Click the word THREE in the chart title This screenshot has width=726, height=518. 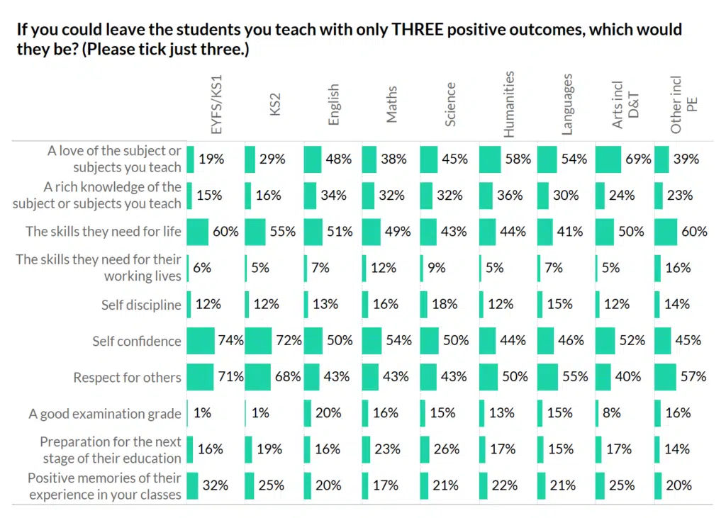pos(413,30)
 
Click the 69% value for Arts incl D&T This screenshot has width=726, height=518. pos(638,159)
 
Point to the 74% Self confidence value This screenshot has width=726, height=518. pos(231,341)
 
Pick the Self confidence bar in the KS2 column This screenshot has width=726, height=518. pos(259,341)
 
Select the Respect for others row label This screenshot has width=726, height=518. pos(127,378)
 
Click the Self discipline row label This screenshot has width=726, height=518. pos(141,305)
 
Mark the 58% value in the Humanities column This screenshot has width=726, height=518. pos(518,159)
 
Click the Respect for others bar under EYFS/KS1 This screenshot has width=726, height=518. pos(200,378)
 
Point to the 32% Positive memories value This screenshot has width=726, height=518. pos(215,485)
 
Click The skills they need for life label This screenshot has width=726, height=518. pos(104,232)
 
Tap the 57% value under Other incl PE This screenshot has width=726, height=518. pos(693,377)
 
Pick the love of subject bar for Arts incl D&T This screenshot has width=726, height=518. pos(608,159)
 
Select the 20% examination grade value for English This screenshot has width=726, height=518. pos(329,413)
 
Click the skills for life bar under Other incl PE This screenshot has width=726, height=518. pos(666,232)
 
